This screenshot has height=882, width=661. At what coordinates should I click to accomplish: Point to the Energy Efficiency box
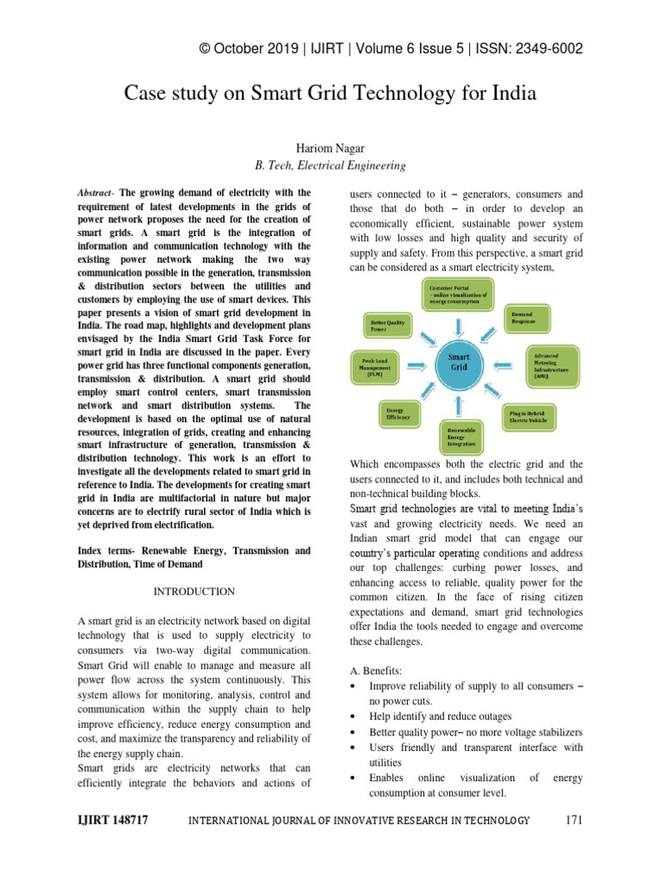coord(400,413)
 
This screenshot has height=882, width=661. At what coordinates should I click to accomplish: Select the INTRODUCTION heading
coord(194,592)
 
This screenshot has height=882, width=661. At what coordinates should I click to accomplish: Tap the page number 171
coord(574,820)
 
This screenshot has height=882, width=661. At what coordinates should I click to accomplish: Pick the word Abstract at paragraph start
coord(95,193)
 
